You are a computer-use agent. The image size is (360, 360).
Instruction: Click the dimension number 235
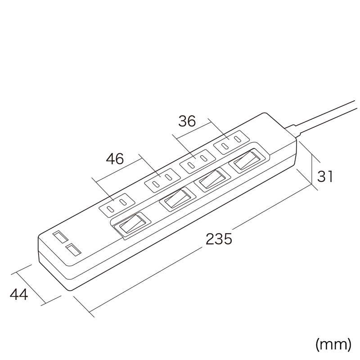[219, 239]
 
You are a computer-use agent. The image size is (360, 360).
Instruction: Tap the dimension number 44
[19, 294]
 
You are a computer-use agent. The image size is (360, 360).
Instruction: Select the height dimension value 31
[324, 176]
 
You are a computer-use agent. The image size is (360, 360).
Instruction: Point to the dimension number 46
[115, 158]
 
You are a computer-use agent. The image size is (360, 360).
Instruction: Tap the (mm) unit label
[333, 345]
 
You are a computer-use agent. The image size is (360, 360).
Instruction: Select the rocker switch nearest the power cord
[247, 161]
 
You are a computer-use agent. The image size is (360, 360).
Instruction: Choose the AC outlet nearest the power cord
[231, 142]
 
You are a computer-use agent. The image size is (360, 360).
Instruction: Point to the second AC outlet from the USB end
[162, 180]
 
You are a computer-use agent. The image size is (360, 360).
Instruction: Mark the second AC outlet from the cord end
[198, 161]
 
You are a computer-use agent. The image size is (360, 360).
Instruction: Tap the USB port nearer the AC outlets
[73, 251]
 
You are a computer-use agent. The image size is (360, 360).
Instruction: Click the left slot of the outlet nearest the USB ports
[111, 209]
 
